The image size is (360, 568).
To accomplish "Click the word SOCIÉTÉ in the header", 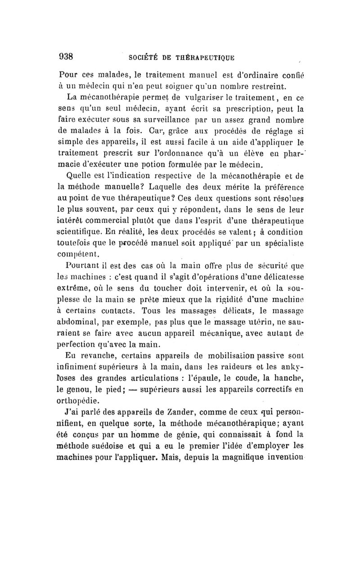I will tap(143, 57).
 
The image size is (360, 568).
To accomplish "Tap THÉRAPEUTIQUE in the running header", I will tap(206, 57).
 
